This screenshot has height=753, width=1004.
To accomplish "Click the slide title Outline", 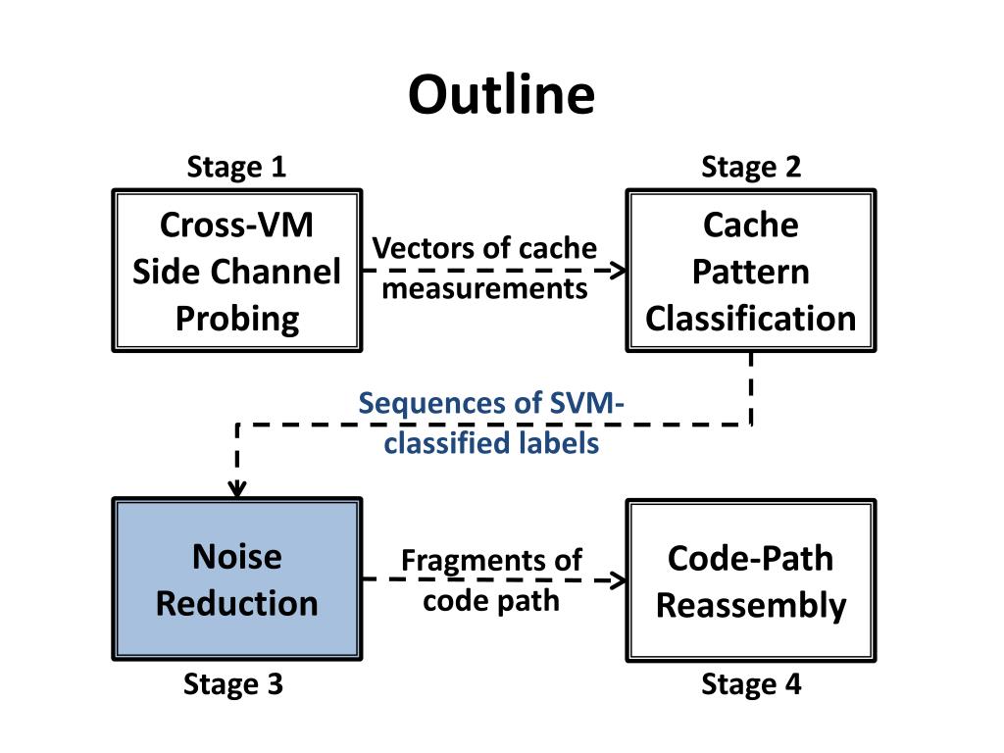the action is coord(501,95).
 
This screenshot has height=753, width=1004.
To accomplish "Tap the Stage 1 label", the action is coord(236,167).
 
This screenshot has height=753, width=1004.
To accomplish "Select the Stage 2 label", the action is coord(751,167).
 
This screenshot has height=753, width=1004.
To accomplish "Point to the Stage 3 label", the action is coord(233,684).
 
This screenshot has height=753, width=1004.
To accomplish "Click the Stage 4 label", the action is coord(751,684).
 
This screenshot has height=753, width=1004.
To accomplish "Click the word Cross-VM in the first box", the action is coord(237,225).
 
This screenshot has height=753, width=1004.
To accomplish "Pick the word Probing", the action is coord(237,320).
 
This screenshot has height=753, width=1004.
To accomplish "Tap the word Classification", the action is coord(750,319).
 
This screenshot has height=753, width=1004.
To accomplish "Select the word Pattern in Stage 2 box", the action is coord(750,272).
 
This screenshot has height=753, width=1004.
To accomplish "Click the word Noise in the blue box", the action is coord(237,557).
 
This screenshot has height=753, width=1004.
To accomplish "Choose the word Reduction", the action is coord(237,604).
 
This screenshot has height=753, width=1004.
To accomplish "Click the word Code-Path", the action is coord(750,558).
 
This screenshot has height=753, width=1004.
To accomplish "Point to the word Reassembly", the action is coord(751,606).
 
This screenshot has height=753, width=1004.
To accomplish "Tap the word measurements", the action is coord(484,289).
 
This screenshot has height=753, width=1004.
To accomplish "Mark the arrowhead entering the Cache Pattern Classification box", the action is coord(619,271).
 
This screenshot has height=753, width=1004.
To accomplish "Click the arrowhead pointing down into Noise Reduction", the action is coord(237,488).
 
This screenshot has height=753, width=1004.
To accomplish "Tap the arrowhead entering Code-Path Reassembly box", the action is coord(619,580).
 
